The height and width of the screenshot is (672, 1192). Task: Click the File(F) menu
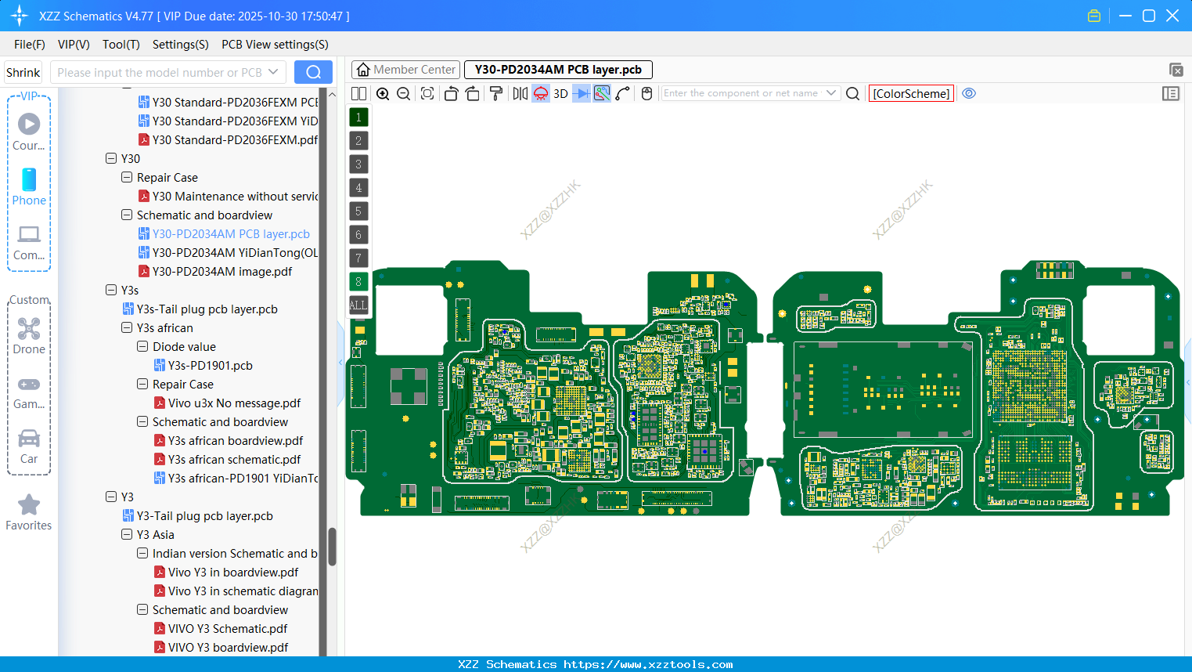29,45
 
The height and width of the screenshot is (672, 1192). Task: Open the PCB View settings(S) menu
275,45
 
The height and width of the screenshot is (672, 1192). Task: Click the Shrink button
23,73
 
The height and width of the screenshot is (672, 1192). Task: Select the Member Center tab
405,70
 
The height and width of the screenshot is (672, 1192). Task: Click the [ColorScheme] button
911,94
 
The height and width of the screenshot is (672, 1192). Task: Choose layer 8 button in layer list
358,282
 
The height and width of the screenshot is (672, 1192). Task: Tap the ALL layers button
358,305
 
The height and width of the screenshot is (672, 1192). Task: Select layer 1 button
358,117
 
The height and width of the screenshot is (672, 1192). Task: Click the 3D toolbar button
560,94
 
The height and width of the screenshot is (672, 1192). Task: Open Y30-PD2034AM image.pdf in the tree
221,272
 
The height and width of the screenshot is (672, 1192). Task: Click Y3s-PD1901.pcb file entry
210,366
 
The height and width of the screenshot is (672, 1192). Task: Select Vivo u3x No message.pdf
234,403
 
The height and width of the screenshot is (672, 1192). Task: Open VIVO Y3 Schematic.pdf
228,629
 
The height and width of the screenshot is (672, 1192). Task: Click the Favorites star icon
29,505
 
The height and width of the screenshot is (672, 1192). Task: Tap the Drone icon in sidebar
29,329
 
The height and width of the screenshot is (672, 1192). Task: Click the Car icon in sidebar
29,439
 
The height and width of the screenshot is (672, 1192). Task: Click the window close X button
1172,16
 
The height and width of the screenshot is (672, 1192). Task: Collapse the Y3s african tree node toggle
127,328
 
